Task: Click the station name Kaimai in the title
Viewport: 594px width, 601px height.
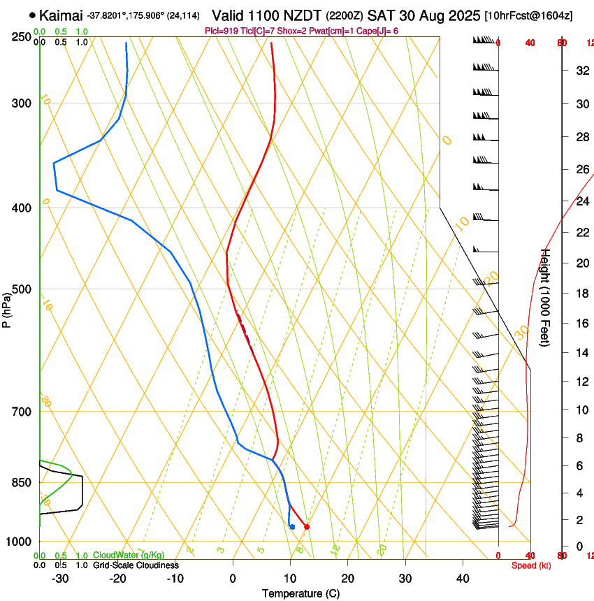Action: point(61,15)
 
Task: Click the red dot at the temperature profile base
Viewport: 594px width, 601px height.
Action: point(307,527)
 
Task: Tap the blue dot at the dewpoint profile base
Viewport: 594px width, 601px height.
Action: point(292,527)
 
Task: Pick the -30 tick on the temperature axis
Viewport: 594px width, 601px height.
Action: point(60,579)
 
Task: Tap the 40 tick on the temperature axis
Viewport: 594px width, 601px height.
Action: point(462,579)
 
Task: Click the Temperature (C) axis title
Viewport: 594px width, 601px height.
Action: point(300,593)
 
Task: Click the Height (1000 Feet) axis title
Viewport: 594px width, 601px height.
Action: point(546,298)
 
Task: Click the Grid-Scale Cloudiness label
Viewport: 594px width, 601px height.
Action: point(136,565)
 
